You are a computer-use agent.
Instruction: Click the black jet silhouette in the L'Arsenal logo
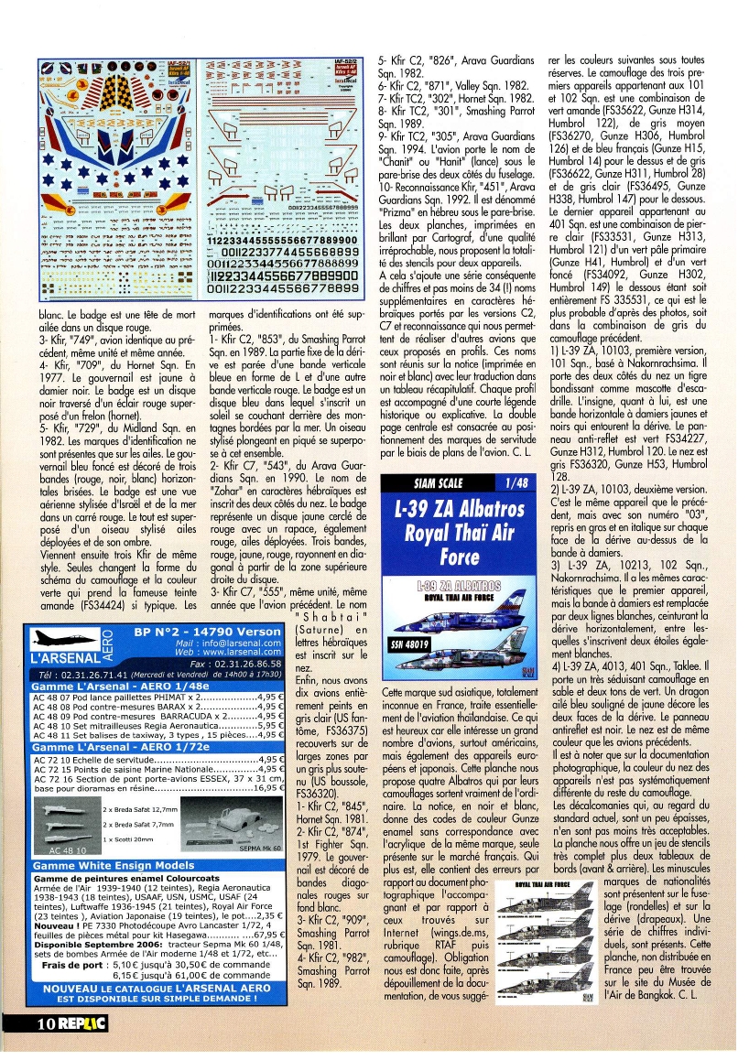point(59,637)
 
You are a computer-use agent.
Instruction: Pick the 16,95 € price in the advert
point(266,787)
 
